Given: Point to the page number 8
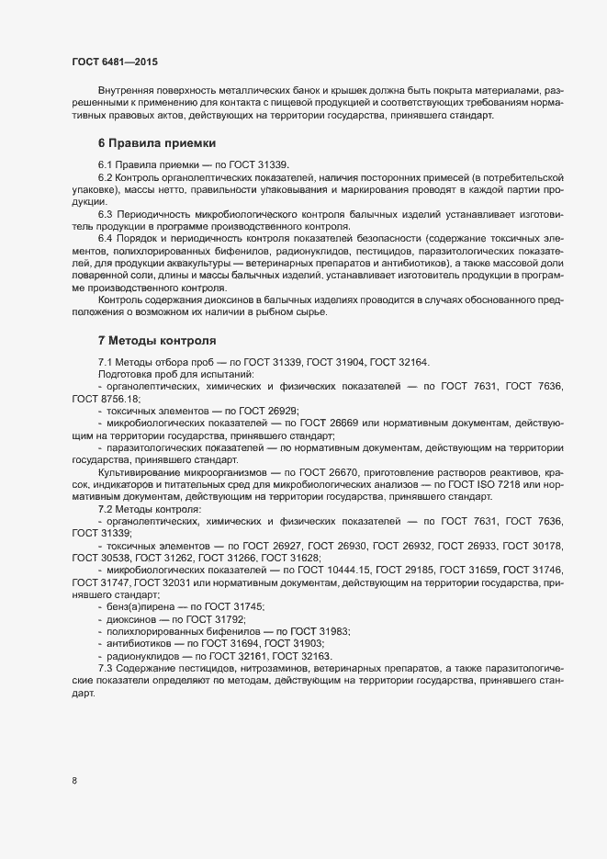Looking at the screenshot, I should (74, 782).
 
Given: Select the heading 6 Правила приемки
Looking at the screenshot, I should (157, 143).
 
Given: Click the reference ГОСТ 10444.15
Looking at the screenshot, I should (330, 571).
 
